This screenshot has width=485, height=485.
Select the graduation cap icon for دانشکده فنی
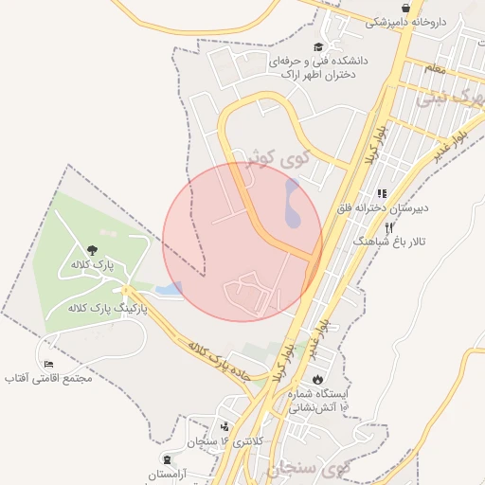(x=318, y=46)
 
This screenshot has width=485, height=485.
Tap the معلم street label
(x=435, y=69)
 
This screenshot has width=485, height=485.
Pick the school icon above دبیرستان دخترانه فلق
(x=382, y=192)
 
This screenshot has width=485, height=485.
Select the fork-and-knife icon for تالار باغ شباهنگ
(x=388, y=227)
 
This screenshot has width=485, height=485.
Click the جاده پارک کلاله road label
(x=219, y=361)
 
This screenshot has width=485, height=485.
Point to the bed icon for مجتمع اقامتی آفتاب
(x=48, y=364)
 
